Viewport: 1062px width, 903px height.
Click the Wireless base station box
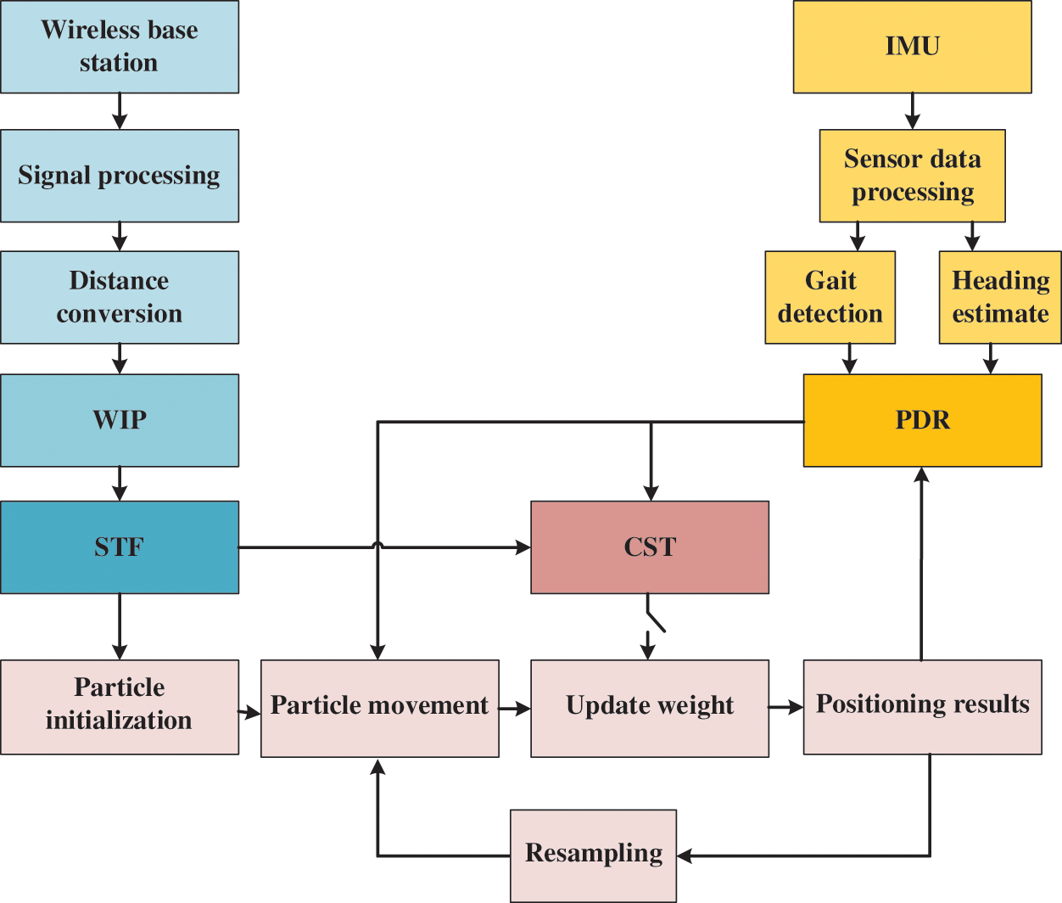point(120,47)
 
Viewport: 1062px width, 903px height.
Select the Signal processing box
point(120,176)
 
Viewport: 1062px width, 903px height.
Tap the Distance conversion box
point(120,297)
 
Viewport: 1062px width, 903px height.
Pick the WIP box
point(120,420)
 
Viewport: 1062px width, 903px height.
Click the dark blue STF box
point(120,547)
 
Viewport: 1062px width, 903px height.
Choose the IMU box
point(912,47)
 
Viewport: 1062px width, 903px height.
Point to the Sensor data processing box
point(912,176)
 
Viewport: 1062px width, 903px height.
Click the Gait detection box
point(830,297)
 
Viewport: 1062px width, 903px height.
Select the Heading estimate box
point(1000,297)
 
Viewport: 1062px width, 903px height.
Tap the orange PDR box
point(922,420)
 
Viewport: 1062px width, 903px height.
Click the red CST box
point(650,547)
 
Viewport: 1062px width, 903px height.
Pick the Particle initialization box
point(120,707)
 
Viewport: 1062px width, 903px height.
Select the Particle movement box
point(379,708)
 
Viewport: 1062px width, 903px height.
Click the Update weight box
point(650,708)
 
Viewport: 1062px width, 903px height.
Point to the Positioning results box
point(922,707)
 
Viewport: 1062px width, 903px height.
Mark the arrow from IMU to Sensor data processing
point(912,111)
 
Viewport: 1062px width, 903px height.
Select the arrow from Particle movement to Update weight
point(515,708)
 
